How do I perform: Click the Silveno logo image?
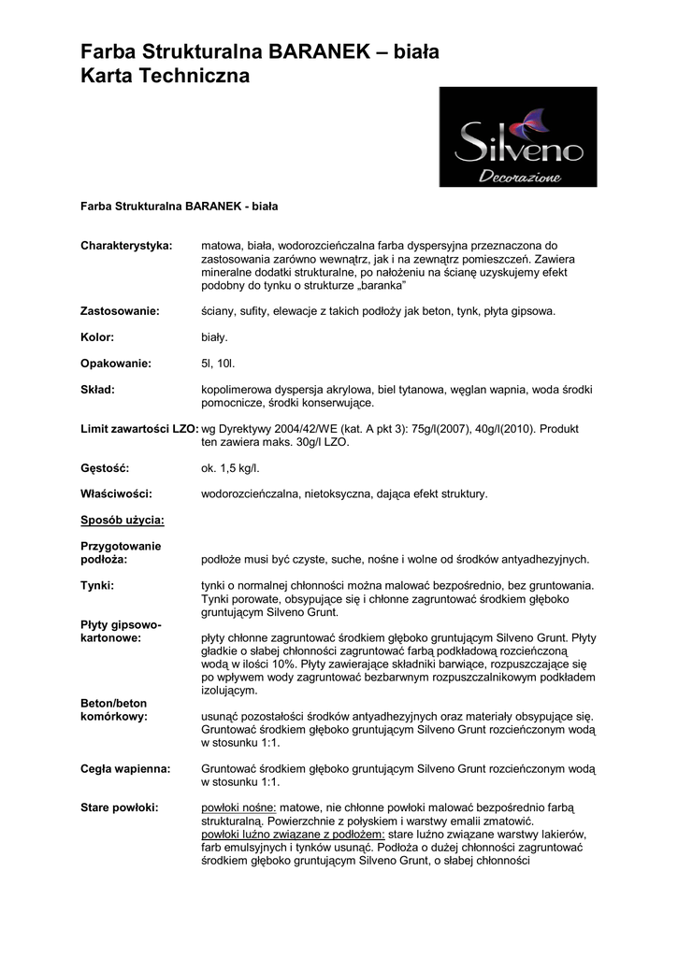pos(517,136)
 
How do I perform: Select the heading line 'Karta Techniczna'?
pos(166,78)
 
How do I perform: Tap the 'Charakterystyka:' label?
pos(126,245)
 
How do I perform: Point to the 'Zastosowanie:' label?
pos(120,310)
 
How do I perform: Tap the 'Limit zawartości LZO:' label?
pos(139,428)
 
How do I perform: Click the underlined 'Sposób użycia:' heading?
pos(123,520)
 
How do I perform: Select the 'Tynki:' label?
pos(97,585)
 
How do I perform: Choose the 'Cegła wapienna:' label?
pos(125,768)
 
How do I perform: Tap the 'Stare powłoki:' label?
pos(120,807)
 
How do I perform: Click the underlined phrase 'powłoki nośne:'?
pos(238,807)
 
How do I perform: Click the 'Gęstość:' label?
pos(105,467)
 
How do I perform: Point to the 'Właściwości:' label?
pos(116,493)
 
